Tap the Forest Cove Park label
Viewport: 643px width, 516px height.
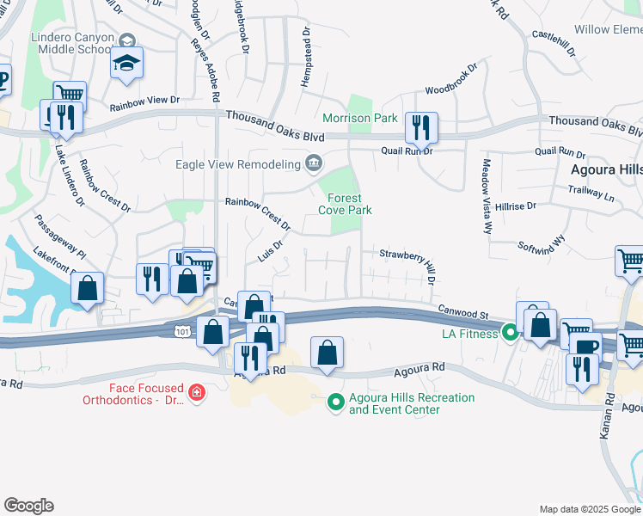[x=345, y=204]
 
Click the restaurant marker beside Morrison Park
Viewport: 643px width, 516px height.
[x=421, y=127]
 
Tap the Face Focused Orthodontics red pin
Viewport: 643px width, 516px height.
[x=197, y=393]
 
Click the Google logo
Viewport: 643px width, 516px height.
[x=28, y=506]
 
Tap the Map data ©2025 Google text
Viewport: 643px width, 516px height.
[x=590, y=509]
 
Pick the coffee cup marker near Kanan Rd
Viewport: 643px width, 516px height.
[x=587, y=347]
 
